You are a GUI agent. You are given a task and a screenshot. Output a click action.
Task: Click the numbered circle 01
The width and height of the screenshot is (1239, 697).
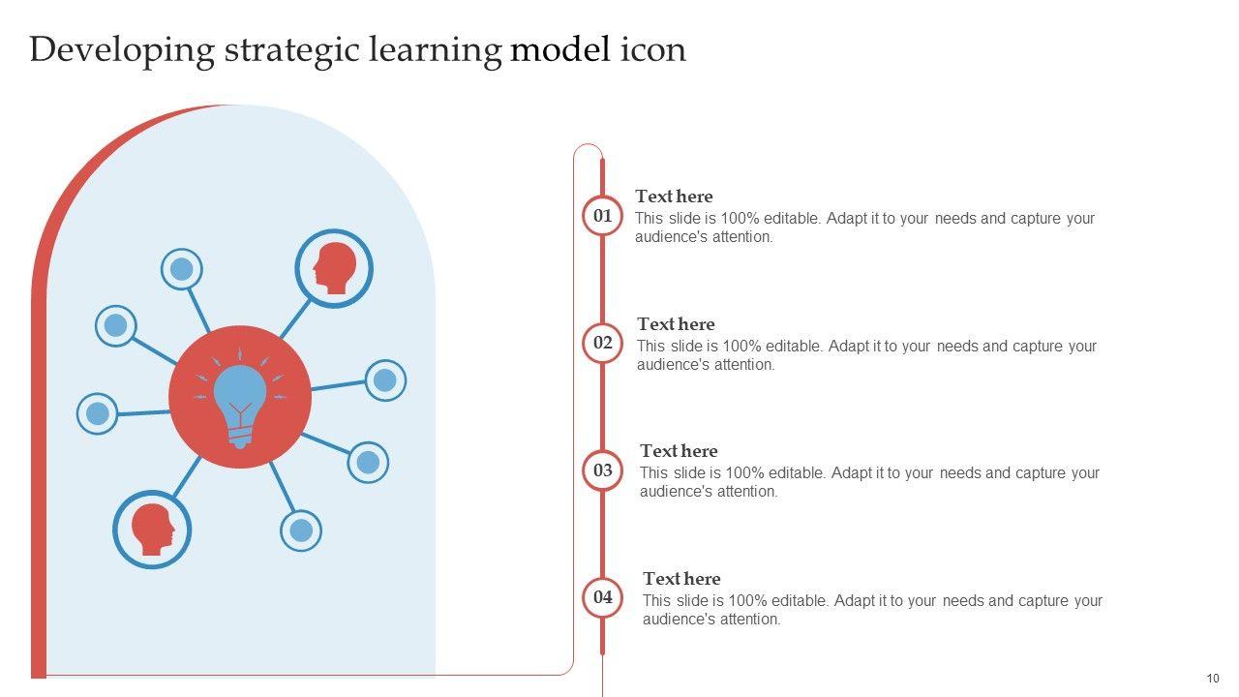[602, 215]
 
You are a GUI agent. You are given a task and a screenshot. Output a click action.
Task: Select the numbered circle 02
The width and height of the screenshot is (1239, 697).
[602, 343]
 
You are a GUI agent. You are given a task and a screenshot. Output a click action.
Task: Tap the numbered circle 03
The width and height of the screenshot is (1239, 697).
[602, 470]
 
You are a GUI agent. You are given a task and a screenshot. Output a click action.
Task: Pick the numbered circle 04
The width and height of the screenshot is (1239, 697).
[602, 597]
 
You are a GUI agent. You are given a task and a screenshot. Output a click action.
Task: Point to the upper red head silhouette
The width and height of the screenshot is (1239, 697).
[334, 268]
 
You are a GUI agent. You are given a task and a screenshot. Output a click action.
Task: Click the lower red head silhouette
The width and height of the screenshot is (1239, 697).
[153, 529]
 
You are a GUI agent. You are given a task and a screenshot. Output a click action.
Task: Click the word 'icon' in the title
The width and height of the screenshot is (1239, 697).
[652, 48]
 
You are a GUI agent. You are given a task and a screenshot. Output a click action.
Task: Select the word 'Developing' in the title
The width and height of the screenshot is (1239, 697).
[121, 50]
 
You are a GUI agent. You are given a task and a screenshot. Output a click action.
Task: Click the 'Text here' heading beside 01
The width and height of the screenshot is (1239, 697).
[674, 197]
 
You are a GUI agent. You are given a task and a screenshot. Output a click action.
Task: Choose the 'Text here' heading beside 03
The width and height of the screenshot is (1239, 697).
[679, 451]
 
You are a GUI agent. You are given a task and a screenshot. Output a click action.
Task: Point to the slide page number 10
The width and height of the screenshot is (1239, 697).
[1213, 678]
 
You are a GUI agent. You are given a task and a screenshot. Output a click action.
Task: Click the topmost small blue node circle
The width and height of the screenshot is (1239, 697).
[181, 269]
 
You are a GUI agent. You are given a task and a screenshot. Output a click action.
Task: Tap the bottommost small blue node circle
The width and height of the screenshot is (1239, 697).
[301, 530]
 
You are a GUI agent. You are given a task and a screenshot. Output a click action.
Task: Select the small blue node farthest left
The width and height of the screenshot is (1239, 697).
[97, 414]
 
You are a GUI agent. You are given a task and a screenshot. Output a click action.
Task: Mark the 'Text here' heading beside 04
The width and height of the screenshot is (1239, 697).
[681, 579]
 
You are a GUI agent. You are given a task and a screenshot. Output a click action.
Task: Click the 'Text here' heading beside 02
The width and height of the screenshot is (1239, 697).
[676, 324]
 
